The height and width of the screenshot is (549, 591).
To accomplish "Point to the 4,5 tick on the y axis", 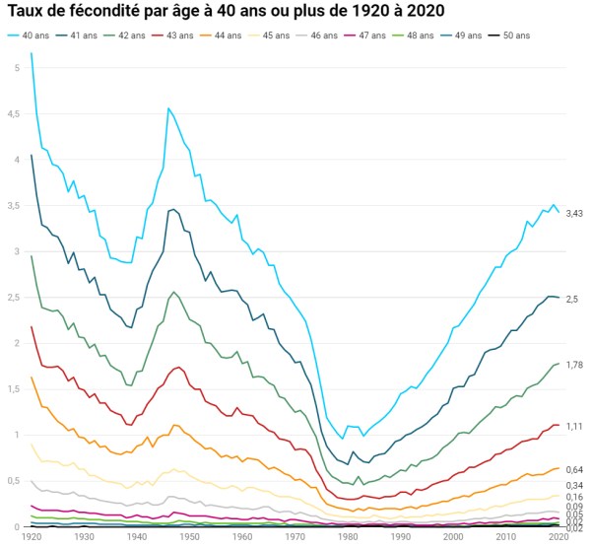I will pyautogui.click(x=12, y=114).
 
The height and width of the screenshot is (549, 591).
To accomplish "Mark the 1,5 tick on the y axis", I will pyautogui.click(x=12, y=389).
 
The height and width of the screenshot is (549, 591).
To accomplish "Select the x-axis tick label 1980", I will pyautogui.click(x=347, y=537).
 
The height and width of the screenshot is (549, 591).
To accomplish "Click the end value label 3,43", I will pyautogui.click(x=574, y=214).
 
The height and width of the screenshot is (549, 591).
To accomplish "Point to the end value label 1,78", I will pyautogui.click(x=574, y=365).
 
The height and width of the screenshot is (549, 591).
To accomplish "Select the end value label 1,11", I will pyautogui.click(x=574, y=425).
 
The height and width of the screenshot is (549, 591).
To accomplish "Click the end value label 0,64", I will pyautogui.click(x=574, y=469).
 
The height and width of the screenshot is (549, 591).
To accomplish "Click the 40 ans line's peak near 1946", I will pyautogui.click(x=168, y=108).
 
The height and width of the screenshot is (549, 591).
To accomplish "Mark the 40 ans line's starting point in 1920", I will pyautogui.click(x=32, y=53).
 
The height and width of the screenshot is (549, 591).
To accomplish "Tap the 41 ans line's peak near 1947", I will pyautogui.click(x=174, y=209).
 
